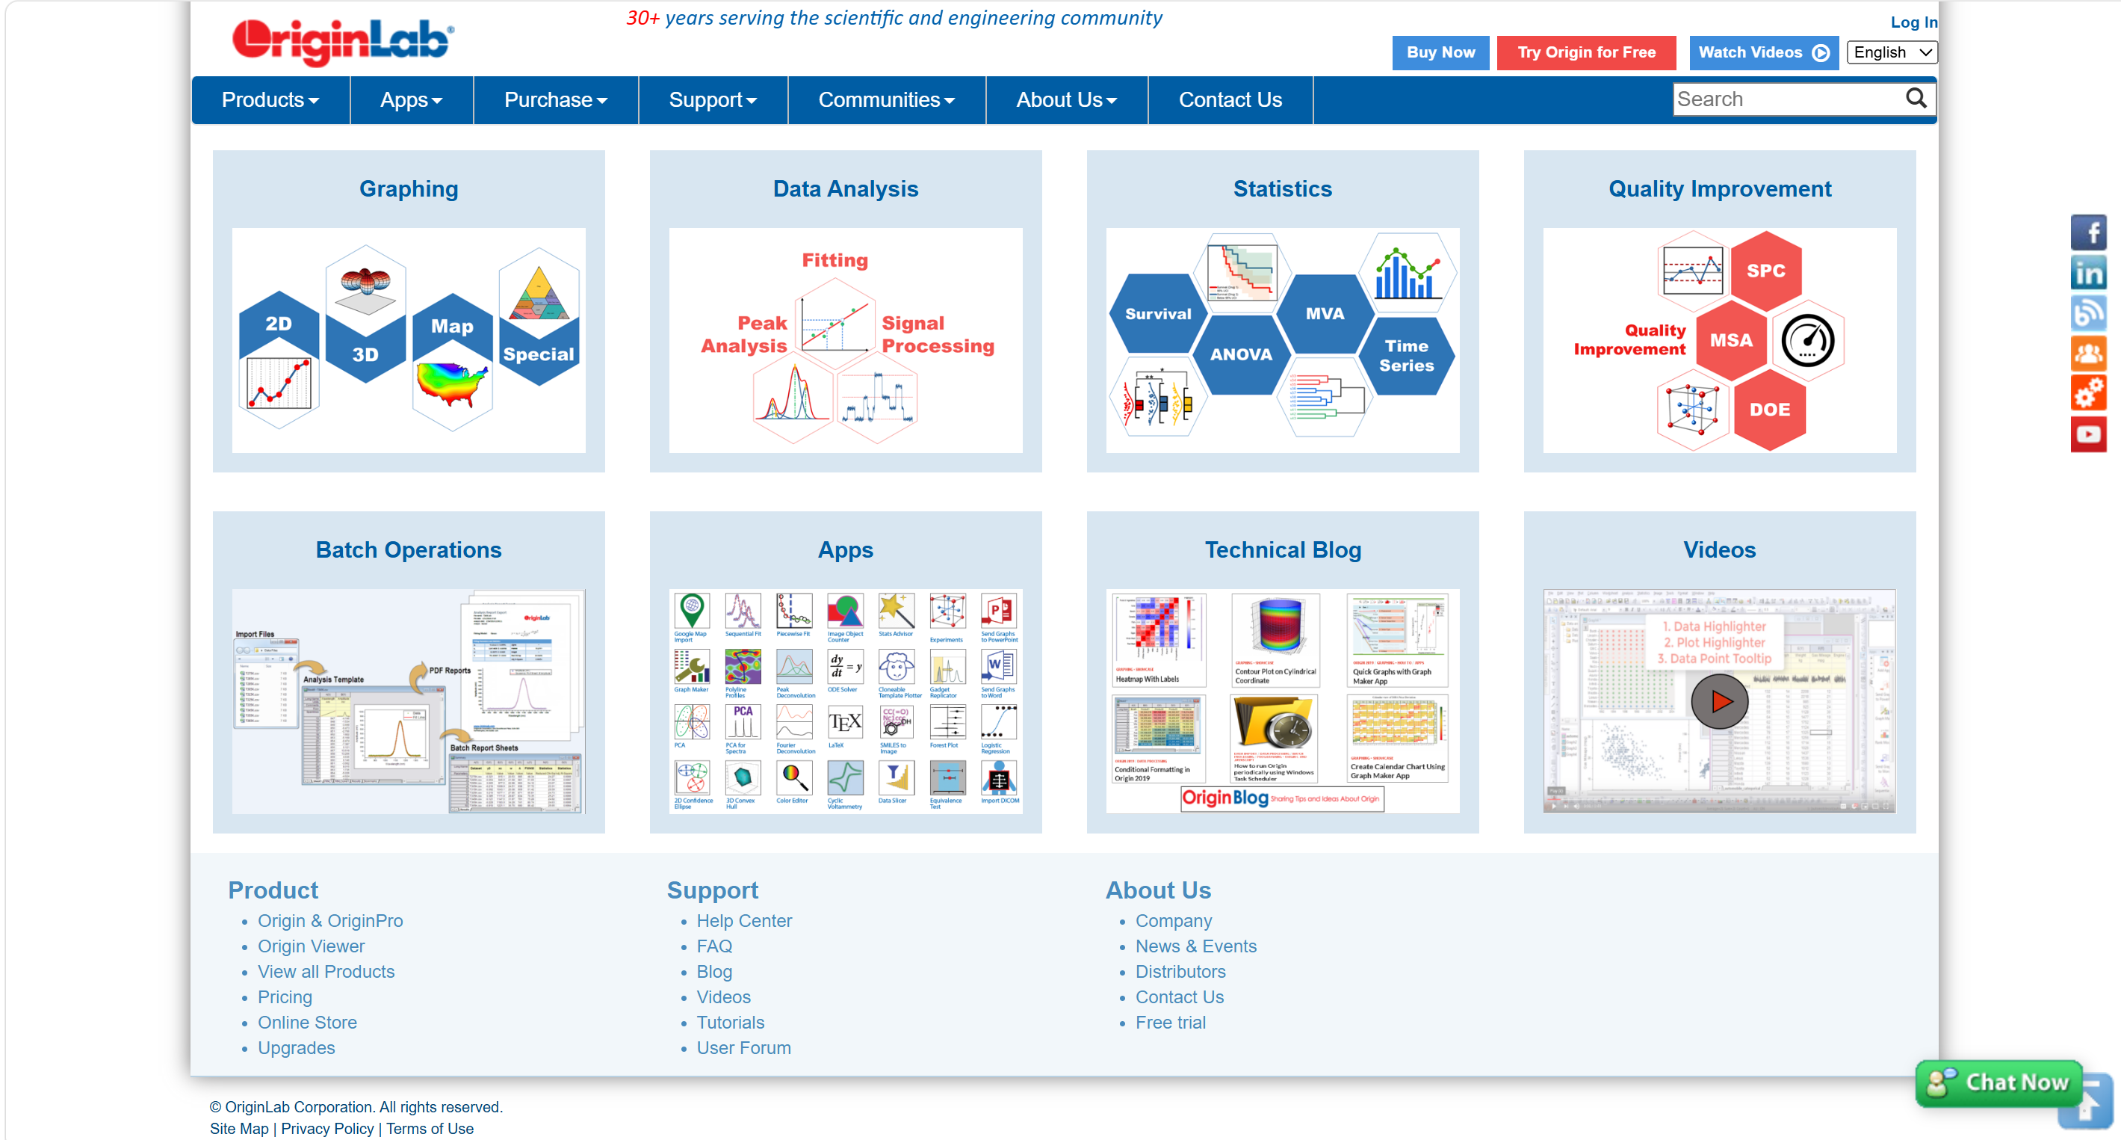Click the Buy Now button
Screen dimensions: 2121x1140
click(x=1440, y=53)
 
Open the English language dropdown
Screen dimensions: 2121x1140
click(x=1892, y=53)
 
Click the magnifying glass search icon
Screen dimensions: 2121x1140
click(x=1916, y=99)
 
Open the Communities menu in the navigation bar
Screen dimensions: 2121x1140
click(x=886, y=99)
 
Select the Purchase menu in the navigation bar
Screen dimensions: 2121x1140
click(x=555, y=99)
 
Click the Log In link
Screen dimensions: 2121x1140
click(x=1913, y=22)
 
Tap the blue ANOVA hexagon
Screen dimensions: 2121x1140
click(x=1241, y=354)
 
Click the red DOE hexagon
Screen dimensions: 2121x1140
click(x=1769, y=410)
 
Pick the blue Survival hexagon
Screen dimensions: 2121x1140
click(x=1158, y=314)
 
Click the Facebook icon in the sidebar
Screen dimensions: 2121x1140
click(x=2088, y=232)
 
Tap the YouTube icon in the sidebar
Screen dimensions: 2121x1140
click(x=2088, y=434)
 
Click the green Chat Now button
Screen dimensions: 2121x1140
click(x=1999, y=1082)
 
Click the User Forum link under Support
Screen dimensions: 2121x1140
click(x=743, y=1048)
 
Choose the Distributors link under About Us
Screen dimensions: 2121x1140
click(x=1180, y=972)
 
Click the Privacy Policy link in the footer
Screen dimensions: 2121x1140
click(x=327, y=1129)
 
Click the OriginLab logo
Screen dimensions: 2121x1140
click(x=342, y=41)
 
